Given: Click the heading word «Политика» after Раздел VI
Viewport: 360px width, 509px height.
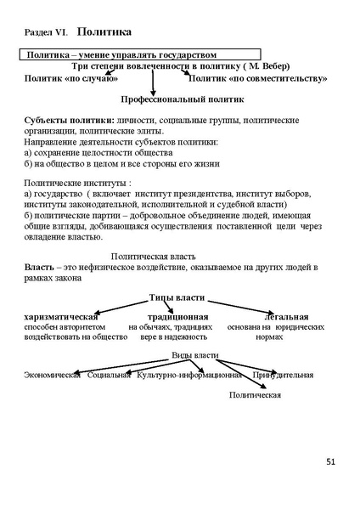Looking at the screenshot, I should tap(104, 32).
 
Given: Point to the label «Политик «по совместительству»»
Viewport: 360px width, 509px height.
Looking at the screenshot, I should tap(258, 78).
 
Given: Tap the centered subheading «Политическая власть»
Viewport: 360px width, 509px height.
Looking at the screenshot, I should tap(155, 256).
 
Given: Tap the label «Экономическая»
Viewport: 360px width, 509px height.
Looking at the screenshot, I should tap(53, 375).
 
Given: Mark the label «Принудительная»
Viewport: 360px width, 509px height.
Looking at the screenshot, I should tap(283, 375).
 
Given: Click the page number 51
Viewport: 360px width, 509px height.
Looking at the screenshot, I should tap(330, 461).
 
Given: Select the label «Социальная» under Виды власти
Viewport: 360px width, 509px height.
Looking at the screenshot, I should tap(109, 375).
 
